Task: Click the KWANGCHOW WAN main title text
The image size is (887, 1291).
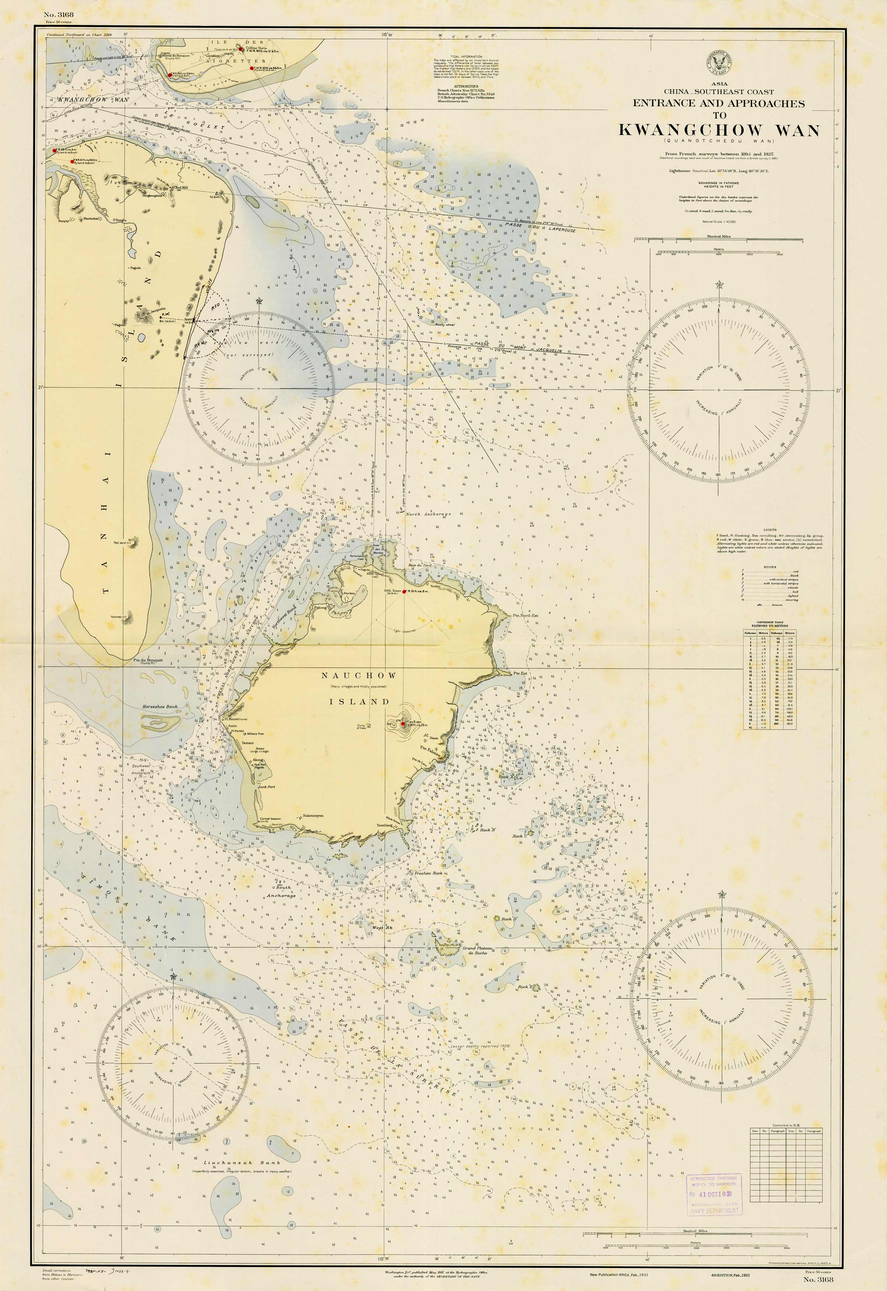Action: coord(719,130)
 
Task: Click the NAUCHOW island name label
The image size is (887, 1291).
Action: coord(358,675)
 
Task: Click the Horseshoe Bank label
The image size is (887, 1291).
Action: coord(160,707)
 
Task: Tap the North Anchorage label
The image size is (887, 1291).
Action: coord(428,514)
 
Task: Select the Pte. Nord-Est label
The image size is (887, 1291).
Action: coord(526,616)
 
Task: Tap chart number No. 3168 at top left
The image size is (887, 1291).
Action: coord(58,14)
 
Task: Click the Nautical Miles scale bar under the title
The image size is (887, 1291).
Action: coord(719,240)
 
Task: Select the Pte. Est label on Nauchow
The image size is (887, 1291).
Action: coord(520,673)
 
